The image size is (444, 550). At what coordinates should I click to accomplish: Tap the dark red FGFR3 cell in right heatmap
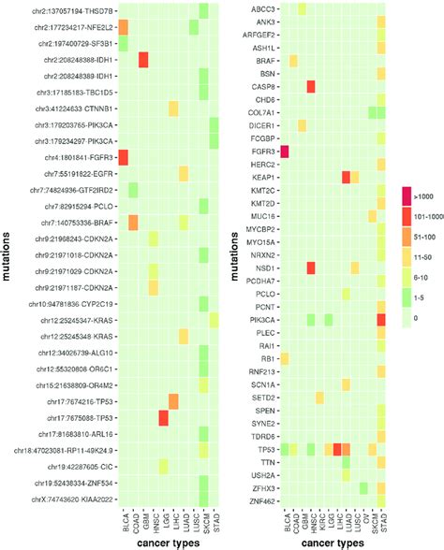(285, 151)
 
